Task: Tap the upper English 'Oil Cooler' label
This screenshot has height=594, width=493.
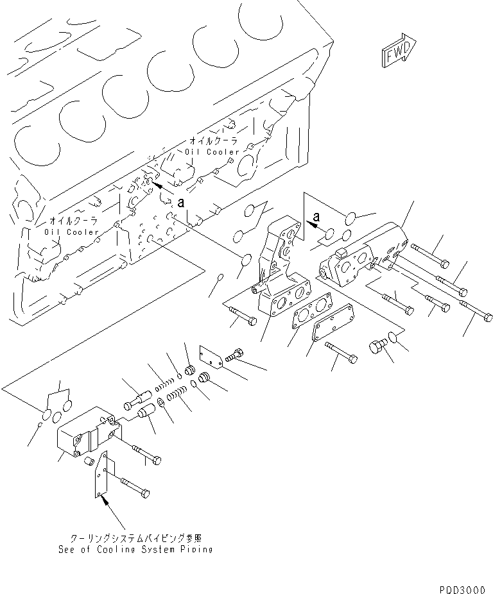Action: [211, 152]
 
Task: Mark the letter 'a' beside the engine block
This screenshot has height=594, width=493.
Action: [181, 202]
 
